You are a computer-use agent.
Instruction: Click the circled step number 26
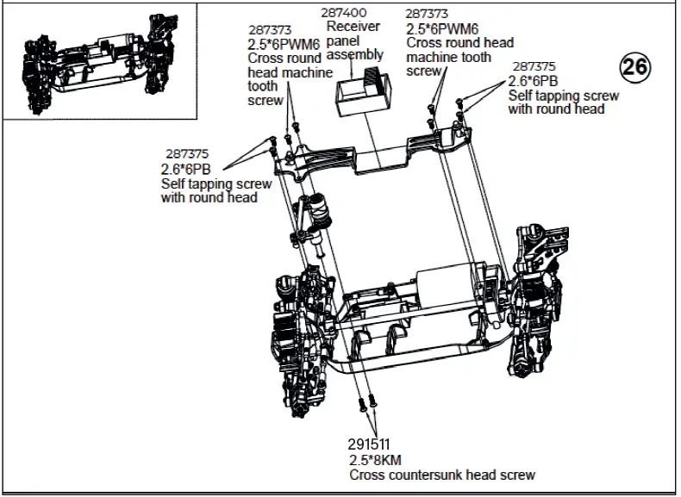click(x=637, y=68)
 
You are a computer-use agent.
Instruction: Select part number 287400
click(x=343, y=14)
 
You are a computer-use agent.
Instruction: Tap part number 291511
click(x=371, y=445)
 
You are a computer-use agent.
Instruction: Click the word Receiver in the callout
click(x=353, y=27)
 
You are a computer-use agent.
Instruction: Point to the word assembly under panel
click(x=357, y=54)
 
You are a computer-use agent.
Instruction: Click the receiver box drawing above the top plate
click(x=359, y=92)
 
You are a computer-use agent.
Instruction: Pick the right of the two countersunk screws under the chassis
click(x=373, y=401)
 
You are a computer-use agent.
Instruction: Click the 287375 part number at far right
click(x=534, y=66)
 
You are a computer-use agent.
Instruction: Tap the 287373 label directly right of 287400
click(x=428, y=14)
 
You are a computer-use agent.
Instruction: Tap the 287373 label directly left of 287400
click(x=270, y=29)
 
